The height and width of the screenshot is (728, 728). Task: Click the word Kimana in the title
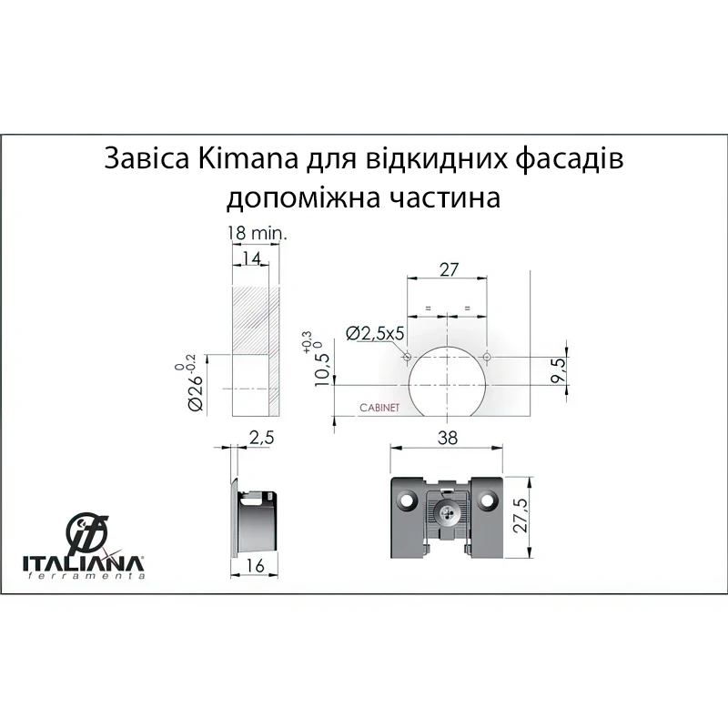click(248, 158)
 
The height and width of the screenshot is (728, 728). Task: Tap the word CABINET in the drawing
click(379, 408)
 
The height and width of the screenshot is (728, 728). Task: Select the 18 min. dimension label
click(258, 233)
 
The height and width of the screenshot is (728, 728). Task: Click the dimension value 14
click(252, 258)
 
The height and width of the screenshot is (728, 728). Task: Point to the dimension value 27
click(449, 269)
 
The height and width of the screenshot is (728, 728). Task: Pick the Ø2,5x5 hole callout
click(375, 333)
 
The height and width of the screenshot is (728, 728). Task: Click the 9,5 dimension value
click(559, 370)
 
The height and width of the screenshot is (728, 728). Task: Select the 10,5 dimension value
click(321, 370)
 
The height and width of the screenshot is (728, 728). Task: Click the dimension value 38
click(447, 438)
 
